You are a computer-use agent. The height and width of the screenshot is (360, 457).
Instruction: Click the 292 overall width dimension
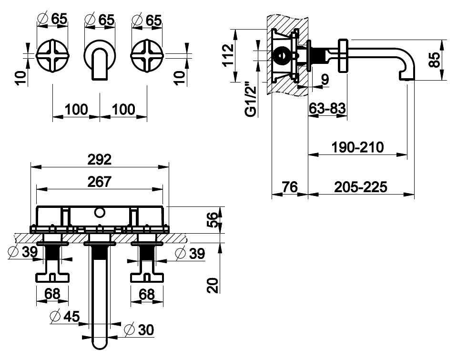coord(100,159)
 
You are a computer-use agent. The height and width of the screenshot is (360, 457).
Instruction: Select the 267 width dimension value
coord(100,182)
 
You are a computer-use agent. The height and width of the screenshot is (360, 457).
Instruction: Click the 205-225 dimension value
coord(361,186)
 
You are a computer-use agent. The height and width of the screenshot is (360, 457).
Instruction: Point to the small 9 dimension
coord(325,80)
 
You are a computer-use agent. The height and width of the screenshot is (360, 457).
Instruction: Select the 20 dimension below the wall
coord(215,285)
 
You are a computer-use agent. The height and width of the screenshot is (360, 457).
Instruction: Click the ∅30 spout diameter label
coord(139,330)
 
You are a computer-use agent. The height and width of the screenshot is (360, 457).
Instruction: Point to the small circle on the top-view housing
coord(100,212)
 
